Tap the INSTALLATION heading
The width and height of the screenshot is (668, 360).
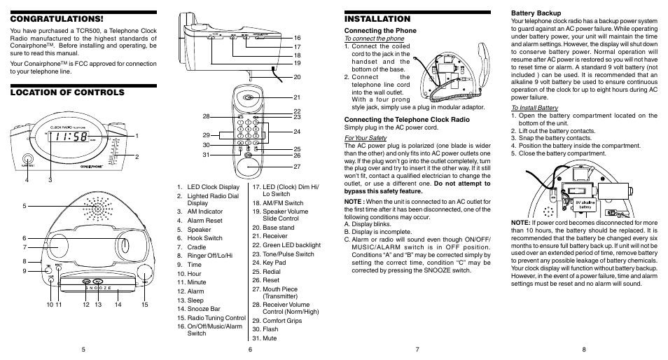tap(377, 19)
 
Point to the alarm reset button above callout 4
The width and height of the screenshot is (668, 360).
tap(27, 160)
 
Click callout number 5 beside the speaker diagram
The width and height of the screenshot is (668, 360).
tap(24, 205)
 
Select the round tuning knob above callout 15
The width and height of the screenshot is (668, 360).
tap(145, 274)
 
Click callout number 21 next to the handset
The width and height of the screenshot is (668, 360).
tap(297, 97)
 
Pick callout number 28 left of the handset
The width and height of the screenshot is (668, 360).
tap(207, 116)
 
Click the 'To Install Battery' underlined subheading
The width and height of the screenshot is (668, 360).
tap(534, 107)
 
